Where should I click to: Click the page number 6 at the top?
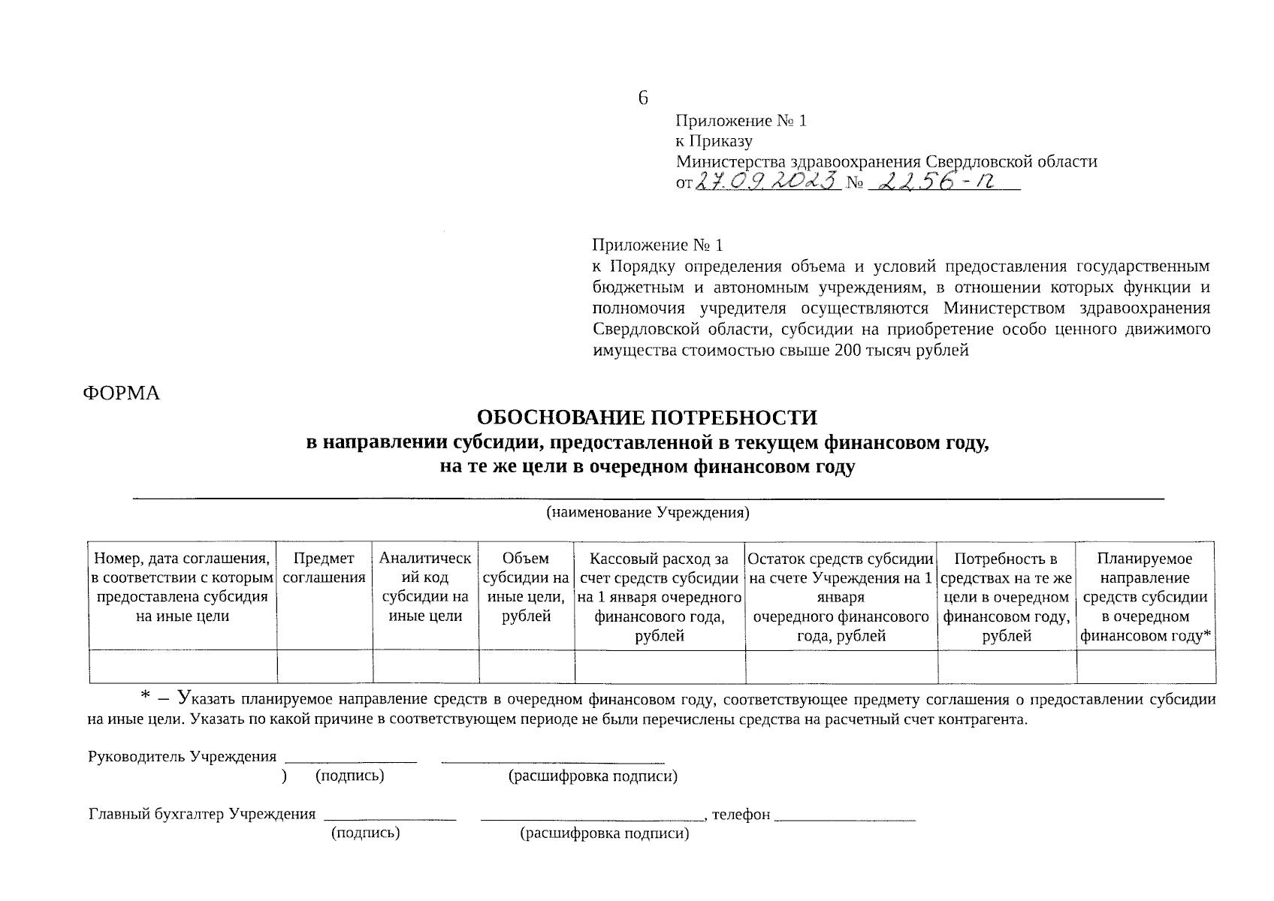pyautogui.click(x=642, y=98)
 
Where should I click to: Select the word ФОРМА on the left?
pyautogui.click(x=121, y=393)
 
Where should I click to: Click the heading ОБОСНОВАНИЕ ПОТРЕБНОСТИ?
pyautogui.click(x=647, y=417)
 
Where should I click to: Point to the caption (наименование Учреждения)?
pyautogui.click(x=647, y=513)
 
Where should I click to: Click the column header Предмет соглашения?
pyautogui.click(x=325, y=568)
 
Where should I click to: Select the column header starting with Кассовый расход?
pyautogui.click(x=659, y=597)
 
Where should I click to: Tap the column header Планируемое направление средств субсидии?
pyautogui.click(x=1145, y=597)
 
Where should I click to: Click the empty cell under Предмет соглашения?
pyautogui.click(x=325, y=667)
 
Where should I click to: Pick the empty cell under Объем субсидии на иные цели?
pyautogui.click(x=526, y=667)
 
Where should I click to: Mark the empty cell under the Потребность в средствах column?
pyautogui.click(x=1007, y=667)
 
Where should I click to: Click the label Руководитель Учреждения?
pyautogui.click(x=183, y=757)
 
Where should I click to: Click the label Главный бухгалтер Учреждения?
pyautogui.click(x=202, y=815)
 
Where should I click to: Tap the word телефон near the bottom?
pyautogui.click(x=741, y=815)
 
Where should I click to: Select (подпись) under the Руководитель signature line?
pyautogui.click(x=350, y=776)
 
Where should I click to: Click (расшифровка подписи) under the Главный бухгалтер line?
pyautogui.click(x=604, y=833)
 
